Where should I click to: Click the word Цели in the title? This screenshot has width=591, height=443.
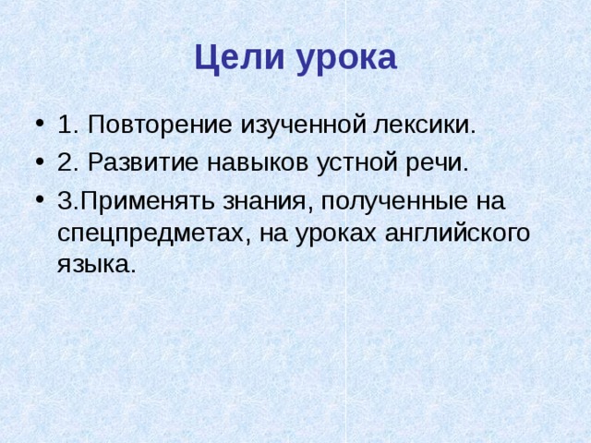point(239,57)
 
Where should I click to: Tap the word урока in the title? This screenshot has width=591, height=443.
point(345,57)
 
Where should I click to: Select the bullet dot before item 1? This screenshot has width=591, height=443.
point(36,126)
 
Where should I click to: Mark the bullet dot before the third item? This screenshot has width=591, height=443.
point(36,202)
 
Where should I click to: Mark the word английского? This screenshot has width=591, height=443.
point(455,233)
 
